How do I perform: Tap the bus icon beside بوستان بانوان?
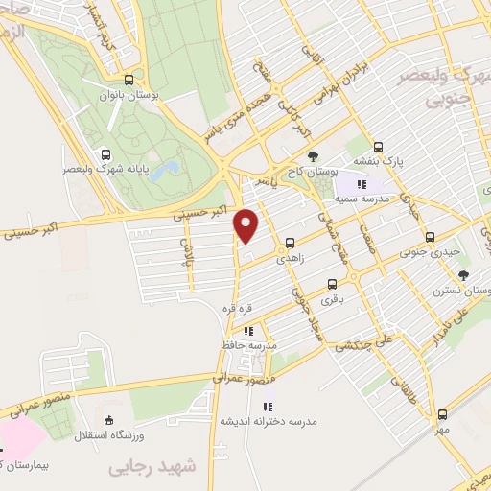point(129,80)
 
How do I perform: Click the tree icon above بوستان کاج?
point(313,155)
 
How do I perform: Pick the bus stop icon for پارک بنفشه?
point(379,148)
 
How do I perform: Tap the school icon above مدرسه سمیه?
point(361,184)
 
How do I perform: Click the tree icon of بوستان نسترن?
point(463,275)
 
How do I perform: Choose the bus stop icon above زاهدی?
point(290,244)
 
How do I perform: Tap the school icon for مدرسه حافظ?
point(249,331)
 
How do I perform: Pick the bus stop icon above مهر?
point(442,414)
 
